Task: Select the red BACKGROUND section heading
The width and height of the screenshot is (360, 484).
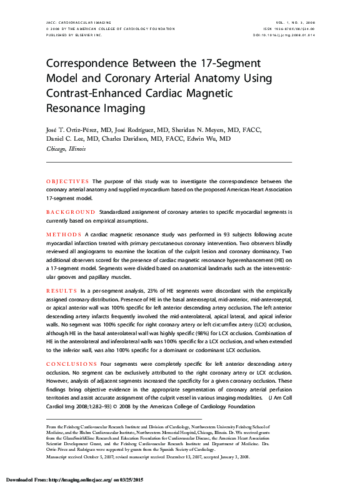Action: click(71, 212)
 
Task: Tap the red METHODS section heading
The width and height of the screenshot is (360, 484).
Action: click(64, 234)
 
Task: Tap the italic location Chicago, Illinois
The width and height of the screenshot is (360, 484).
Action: click(66, 149)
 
